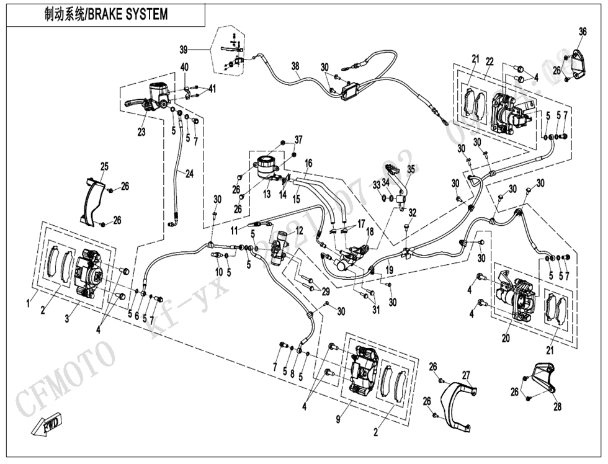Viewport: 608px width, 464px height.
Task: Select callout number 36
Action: pos(582,32)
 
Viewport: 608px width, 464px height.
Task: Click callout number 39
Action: pos(184,49)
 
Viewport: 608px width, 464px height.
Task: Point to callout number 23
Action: pos(142,132)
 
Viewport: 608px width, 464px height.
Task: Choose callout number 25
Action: pos(104,166)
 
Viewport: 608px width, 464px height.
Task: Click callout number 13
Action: pos(267,194)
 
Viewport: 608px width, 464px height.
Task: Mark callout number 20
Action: pos(506,338)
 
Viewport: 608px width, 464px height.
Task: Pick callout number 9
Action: pos(338,420)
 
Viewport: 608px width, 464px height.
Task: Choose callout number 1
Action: pos(28,303)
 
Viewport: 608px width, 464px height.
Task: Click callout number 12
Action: pos(299,230)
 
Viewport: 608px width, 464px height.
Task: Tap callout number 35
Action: pos(411,168)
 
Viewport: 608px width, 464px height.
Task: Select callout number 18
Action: pos(369,231)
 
